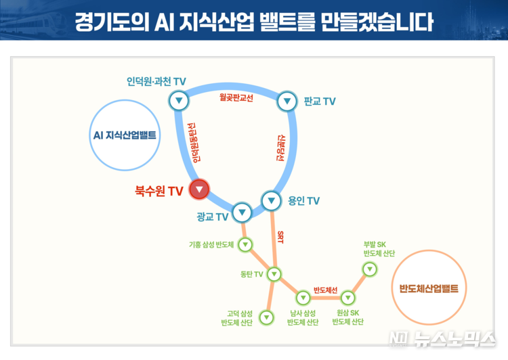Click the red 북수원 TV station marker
point(199,189)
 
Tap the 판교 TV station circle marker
point(287,102)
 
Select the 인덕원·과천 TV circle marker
point(179,100)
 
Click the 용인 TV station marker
point(271,201)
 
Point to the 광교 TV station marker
point(242,212)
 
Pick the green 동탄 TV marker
point(274,274)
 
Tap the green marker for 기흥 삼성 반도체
point(245,244)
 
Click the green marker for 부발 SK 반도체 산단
point(370,269)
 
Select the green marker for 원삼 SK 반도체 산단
point(347,298)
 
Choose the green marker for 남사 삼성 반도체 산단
point(303,298)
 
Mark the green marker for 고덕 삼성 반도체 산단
point(267,317)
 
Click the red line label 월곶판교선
point(236,97)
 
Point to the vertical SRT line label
point(280,238)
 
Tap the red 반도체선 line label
point(326,290)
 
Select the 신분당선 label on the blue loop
point(280,148)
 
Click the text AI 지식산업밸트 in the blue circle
point(125,135)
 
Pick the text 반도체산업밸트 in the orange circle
point(429,288)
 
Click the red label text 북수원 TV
point(159,191)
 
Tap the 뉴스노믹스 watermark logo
point(442,339)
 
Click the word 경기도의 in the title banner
point(112,22)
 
